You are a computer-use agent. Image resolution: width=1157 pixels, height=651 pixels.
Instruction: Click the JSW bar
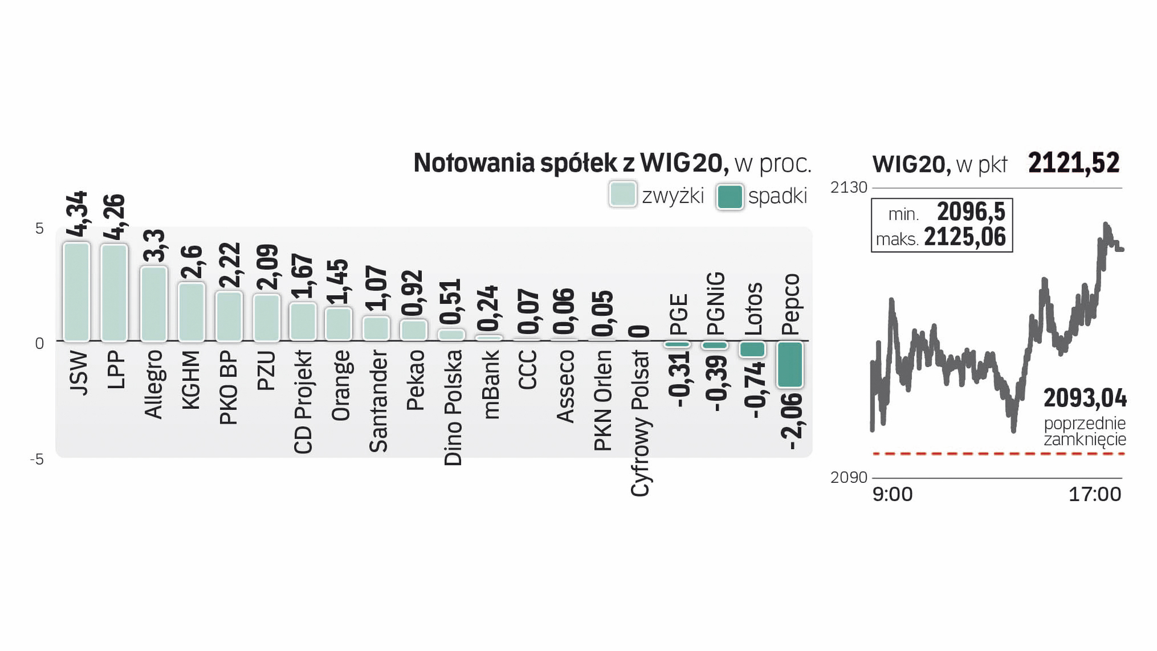[77, 292]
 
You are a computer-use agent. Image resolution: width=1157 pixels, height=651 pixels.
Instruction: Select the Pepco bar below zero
[789, 364]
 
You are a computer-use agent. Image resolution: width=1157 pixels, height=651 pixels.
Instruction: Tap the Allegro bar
[154, 304]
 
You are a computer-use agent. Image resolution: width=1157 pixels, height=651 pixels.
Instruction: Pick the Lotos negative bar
[752, 349]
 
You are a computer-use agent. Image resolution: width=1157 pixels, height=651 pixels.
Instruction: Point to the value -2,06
[791, 421]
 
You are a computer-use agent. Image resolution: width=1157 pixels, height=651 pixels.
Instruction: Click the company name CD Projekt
[303, 402]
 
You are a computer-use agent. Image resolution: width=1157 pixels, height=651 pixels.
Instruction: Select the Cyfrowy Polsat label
[640, 423]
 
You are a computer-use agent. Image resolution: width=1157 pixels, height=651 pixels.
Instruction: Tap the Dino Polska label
[453, 408]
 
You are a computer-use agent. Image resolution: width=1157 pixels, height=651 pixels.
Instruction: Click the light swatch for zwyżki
[622, 195]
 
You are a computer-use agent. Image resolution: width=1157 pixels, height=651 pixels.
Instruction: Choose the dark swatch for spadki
[730, 197]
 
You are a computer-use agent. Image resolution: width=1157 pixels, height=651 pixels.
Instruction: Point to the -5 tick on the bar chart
[37, 460]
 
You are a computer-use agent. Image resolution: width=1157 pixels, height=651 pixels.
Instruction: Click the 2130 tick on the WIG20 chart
[848, 187]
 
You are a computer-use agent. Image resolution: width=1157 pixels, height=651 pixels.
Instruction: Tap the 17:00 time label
[1094, 494]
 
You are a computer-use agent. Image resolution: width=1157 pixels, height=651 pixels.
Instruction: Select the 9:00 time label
[892, 494]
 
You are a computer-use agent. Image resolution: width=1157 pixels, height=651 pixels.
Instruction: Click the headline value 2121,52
[1073, 163]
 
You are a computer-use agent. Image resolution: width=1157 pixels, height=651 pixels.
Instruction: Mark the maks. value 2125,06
[965, 237]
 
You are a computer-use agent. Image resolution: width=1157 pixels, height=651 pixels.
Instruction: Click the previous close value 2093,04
[1085, 398]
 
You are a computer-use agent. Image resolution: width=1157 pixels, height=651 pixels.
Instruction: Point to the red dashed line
[999, 453]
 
